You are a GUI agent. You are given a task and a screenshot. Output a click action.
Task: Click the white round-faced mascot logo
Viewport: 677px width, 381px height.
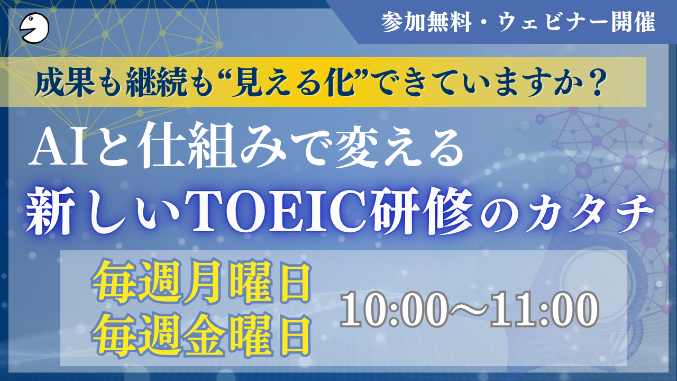[x=34, y=28]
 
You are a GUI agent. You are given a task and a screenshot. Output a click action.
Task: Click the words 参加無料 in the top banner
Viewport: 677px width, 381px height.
[x=426, y=22]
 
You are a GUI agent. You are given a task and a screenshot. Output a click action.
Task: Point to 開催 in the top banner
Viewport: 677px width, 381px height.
[x=634, y=22]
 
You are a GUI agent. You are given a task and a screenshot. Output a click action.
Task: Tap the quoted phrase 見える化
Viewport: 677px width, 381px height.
[x=295, y=83]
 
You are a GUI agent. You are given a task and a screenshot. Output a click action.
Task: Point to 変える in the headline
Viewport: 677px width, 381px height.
[x=399, y=146]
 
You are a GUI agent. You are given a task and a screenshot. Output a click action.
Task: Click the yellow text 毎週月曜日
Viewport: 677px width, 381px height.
[x=202, y=281]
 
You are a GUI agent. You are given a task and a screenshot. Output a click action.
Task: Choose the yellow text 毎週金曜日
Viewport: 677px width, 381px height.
[x=202, y=335]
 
